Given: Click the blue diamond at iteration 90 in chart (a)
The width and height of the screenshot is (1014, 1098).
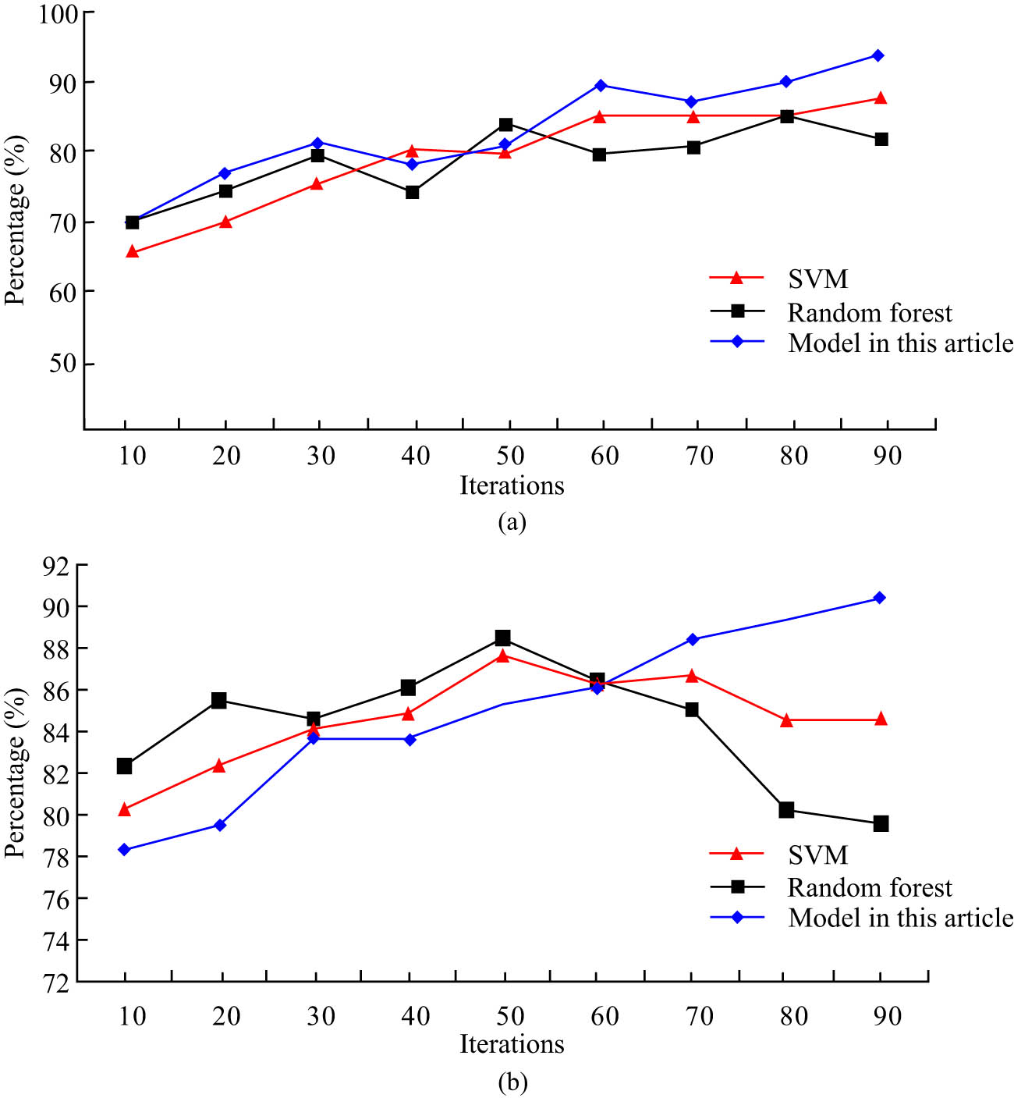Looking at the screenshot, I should coord(877,55).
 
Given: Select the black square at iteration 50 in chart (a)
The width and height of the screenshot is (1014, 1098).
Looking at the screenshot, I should coord(505,124).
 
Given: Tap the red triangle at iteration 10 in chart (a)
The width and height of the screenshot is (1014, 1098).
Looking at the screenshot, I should coord(132,251).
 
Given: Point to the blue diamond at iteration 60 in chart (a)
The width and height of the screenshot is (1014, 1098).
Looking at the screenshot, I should coord(600,85).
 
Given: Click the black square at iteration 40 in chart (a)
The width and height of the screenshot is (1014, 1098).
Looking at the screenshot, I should coord(412,192).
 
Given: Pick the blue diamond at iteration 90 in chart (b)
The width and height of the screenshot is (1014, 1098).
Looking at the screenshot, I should coord(879,598).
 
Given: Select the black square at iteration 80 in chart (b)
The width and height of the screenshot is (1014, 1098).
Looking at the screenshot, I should coord(786,810).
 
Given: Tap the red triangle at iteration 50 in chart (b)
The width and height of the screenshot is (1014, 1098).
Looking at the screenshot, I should coord(503,656).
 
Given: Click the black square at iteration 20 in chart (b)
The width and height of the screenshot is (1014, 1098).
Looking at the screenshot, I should coord(219,701).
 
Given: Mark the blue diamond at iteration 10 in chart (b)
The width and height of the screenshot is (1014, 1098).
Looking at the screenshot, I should coord(124,849).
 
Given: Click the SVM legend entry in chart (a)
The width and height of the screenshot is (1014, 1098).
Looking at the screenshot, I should coord(817,279).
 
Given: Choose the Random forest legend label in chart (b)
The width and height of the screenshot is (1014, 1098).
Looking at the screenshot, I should coord(870,887).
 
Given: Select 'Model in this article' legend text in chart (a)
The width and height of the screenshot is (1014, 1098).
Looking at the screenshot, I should coord(900,343).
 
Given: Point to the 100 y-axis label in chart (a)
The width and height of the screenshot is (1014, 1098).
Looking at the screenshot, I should coord(58,14).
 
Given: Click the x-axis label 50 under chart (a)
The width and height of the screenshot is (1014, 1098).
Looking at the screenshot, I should coord(510,455).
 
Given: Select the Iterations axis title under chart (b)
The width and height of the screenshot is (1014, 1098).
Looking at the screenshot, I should coord(512,1044).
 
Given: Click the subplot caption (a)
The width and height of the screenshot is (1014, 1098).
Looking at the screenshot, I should coord(512,522).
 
